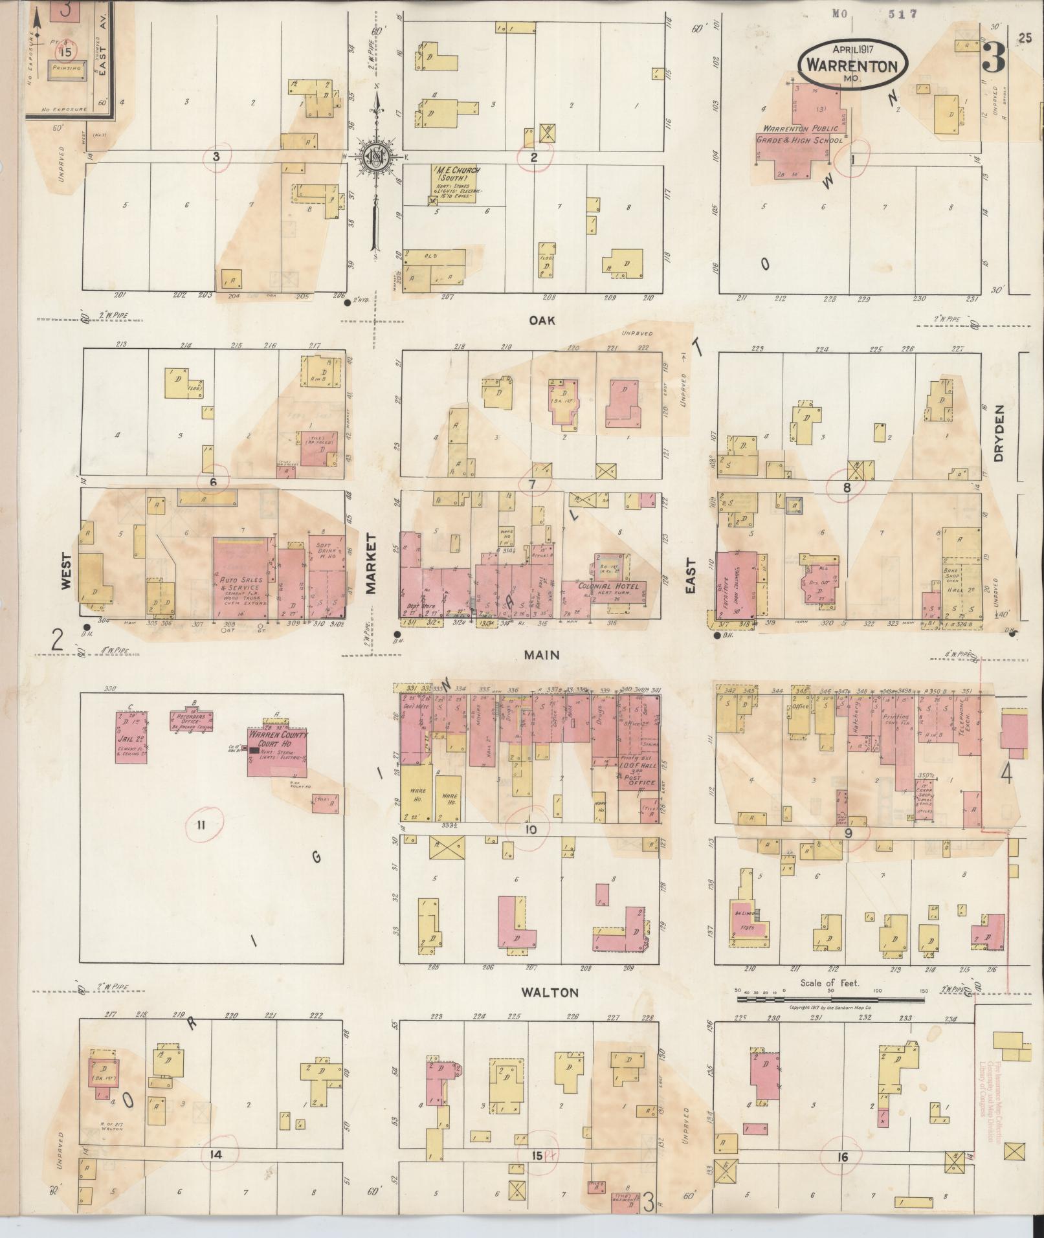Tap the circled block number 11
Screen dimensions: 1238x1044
pos(201,824)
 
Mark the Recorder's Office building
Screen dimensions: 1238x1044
pos(192,719)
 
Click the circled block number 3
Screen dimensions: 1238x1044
pos(216,156)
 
